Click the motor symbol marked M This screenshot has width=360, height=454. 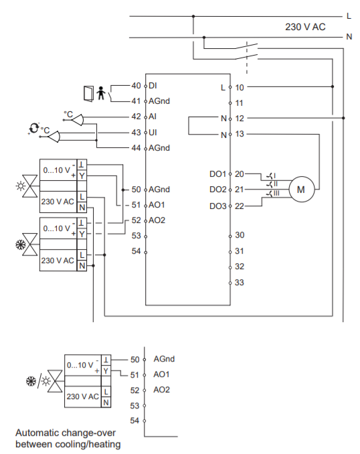click(301, 190)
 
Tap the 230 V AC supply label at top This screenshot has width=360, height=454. click(305, 27)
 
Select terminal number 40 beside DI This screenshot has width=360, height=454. click(136, 86)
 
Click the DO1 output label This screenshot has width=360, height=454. click(217, 174)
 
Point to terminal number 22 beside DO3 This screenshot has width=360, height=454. click(240, 206)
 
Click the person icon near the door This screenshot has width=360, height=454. click(101, 93)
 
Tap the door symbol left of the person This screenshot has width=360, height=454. click(88, 94)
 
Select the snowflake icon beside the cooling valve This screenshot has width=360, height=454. click(21, 245)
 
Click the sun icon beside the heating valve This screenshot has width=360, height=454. click(21, 186)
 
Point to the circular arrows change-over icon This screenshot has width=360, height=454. click(33, 128)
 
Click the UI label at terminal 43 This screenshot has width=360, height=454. click(153, 133)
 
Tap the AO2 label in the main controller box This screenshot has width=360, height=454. click(157, 220)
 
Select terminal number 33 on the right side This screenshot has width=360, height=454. click(240, 283)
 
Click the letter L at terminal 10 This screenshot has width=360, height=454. click(223, 88)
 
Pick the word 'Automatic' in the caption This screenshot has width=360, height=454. click(37, 433)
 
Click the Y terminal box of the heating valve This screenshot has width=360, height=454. click(82, 175)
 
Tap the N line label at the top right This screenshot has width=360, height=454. click(349, 37)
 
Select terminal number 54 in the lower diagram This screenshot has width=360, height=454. click(134, 421)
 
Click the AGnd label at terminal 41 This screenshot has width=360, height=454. click(159, 101)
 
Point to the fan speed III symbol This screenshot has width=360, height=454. click(273, 194)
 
